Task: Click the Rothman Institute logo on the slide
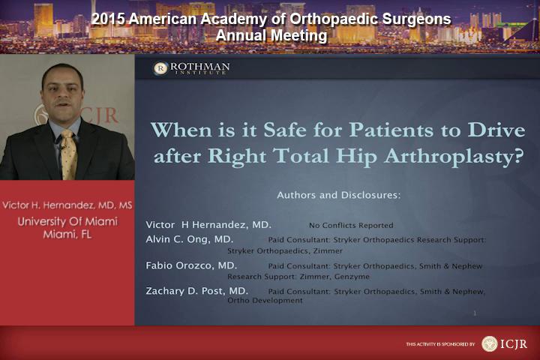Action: click(x=191, y=67)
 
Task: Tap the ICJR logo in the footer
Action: click(x=504, y=343)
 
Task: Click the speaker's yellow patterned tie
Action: click(x=69, y=154)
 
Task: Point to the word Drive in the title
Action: click(x=496, y=130)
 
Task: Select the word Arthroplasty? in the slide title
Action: click(x=454, y=157)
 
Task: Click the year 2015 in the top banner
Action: click(x=108, y=19)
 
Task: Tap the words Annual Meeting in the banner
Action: click(x=271, y=35)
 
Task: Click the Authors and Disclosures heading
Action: click(x=339, y=195)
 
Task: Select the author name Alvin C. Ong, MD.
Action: click(x=190, y=239)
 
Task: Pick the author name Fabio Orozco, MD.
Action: click(x=191, y=265)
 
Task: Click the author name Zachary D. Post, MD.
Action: click(x=196, y=291)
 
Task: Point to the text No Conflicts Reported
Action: click(x=351, y=226)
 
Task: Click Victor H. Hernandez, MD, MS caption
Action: click(x=67, y=205)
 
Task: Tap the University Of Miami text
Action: click(x=67, y=221)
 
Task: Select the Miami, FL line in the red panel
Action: click(x=67, y=235)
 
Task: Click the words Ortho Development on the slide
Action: click(x=265, y=301)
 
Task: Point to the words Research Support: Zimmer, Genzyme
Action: click(x=298, y=277)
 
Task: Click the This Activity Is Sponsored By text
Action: click(x=440, y=344)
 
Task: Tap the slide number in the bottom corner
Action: click(x=475, y=313)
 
